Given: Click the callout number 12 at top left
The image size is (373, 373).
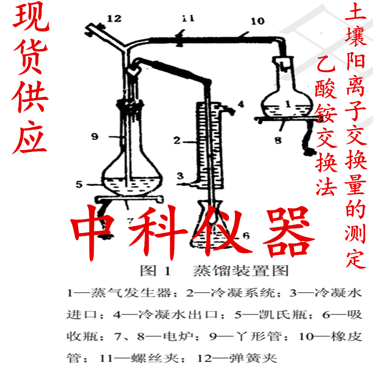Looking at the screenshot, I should pos(114,19).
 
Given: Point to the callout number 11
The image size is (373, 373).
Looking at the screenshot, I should pos(188,19).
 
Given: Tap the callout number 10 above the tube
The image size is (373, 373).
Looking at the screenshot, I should pos(257,21).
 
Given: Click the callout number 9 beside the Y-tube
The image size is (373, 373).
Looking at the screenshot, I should pos(95,136).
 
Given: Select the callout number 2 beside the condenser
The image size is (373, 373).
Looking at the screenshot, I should pos(177,139).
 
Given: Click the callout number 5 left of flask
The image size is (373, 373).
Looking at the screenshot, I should pos(79,184).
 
